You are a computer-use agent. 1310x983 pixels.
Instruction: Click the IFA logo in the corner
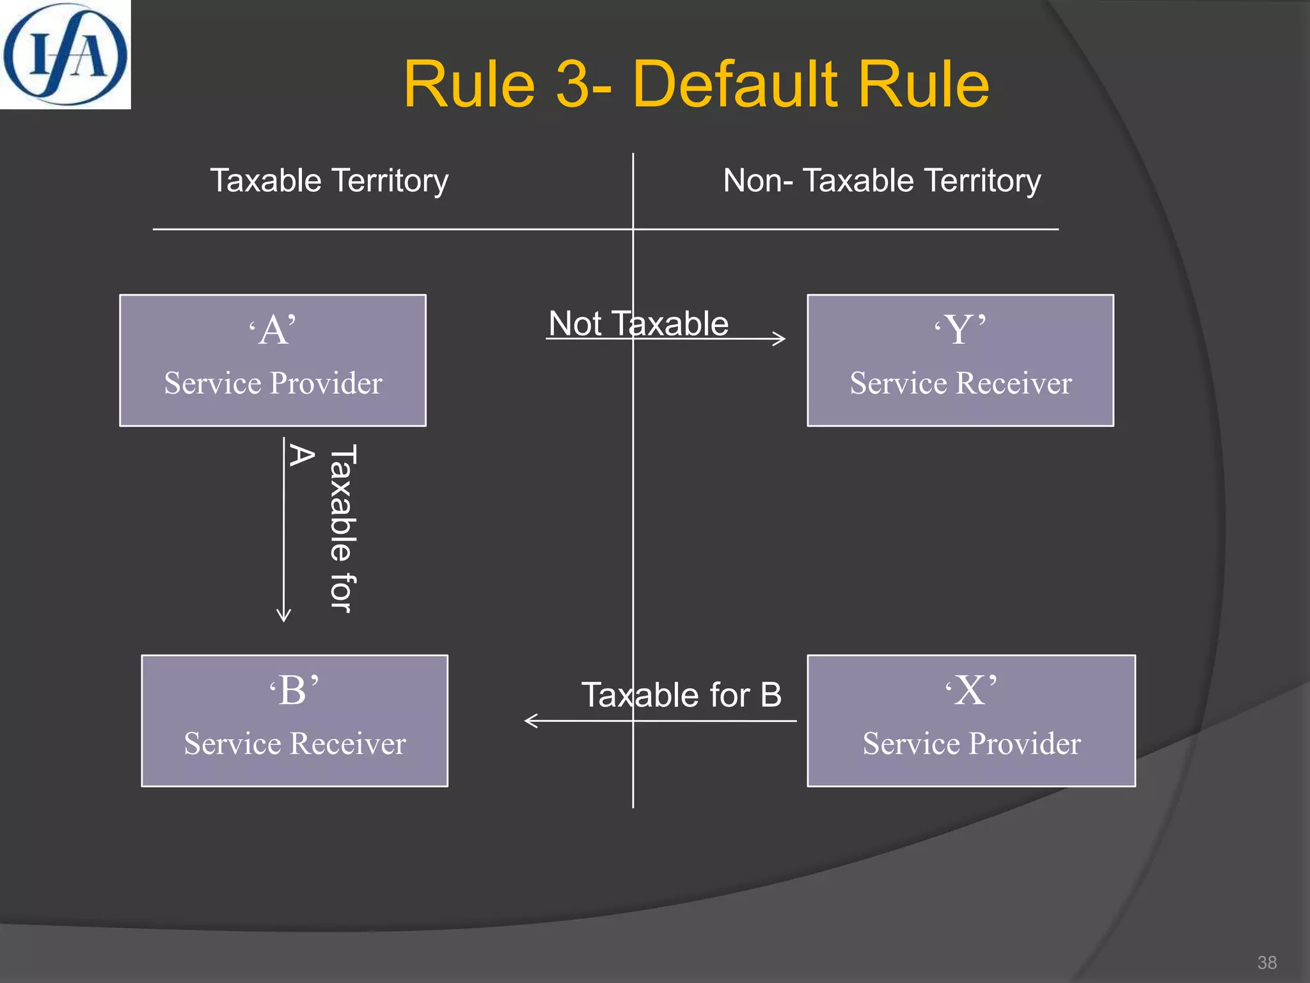coord(65,54)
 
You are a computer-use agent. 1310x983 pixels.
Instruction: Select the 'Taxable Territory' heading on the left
coord(329,180)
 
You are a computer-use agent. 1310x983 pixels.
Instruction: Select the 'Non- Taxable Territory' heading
coord(881,180)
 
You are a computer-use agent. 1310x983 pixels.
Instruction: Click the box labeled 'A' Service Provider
coord(272,360)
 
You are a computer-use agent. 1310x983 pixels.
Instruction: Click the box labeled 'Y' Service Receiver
coord(960,360)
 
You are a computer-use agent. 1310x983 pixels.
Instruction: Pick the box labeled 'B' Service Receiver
coord(294,721)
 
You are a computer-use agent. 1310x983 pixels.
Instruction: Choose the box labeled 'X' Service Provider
coord(971,721)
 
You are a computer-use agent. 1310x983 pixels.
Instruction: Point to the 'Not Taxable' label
coord(638,323)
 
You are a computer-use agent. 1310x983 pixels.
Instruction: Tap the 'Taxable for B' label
coord(681,694)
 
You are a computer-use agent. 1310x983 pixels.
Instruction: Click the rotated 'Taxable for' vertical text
coord(342,529)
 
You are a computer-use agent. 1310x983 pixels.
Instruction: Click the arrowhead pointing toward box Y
coord(780,339)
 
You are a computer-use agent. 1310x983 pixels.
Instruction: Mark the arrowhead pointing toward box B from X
coord(530,721)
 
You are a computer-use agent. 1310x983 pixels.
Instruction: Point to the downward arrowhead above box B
coord(283,616)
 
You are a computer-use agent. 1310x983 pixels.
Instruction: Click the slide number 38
coord(1267,963)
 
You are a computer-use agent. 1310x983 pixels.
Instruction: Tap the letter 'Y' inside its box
coord(959,330)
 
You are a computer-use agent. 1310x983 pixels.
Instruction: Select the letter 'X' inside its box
coord(970,691)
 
